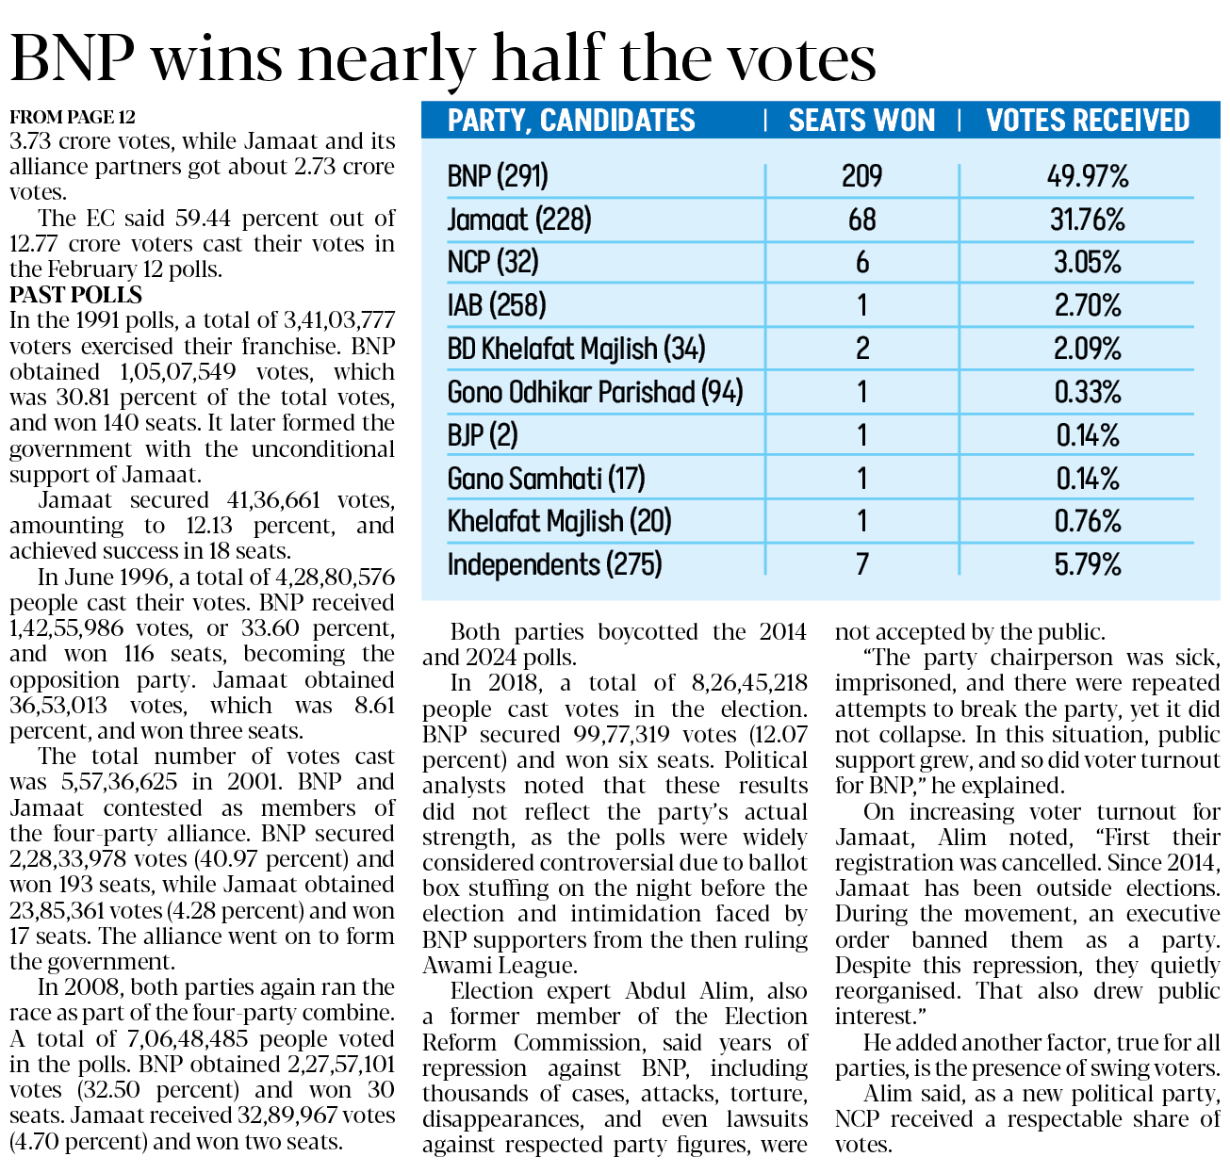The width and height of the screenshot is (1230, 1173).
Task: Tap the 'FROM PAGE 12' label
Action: (72, 118)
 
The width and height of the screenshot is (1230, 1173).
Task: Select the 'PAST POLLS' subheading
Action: (75, 295)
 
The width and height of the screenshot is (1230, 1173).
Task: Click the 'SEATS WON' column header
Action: (861, 121)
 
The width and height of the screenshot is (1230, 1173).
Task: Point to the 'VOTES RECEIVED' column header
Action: (1088, 121)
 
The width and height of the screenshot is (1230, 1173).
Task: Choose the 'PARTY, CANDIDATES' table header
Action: (571, 121)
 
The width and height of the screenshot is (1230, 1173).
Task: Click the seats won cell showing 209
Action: (861, 176)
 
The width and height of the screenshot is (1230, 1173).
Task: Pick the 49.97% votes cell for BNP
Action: (1088, 176)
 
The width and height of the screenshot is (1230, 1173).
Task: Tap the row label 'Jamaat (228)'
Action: (519, 220)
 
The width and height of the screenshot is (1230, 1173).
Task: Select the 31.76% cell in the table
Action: (1088, 220)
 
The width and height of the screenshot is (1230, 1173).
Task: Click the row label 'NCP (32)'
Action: (493, 262)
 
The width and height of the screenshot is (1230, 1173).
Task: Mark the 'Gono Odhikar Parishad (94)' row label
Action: (595, 392)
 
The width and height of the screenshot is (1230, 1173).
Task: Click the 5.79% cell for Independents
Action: (1088, 565)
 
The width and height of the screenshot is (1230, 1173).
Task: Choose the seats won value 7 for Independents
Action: (861, 565)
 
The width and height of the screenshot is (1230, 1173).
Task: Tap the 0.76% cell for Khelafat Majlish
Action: (1088, 521)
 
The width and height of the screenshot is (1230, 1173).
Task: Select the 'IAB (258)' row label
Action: (497, 305)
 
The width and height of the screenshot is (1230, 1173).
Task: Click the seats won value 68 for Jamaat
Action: (861, 220)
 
